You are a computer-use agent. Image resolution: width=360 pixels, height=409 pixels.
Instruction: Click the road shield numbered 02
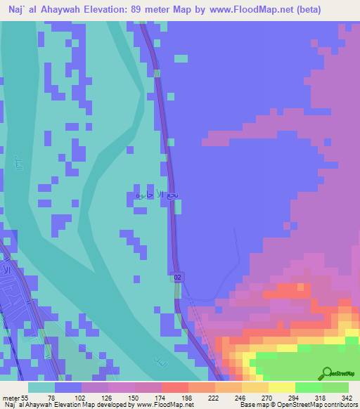(x=179, y=279)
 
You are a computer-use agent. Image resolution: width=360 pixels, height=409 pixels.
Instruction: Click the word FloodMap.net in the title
(x=248, y=10)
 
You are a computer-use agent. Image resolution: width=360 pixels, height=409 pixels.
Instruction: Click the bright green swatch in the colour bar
(x=308, y=387)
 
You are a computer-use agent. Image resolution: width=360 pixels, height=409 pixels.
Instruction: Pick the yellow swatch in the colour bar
(x=281, y=387)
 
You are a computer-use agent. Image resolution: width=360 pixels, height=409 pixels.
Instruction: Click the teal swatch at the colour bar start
(x=41, y=387)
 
